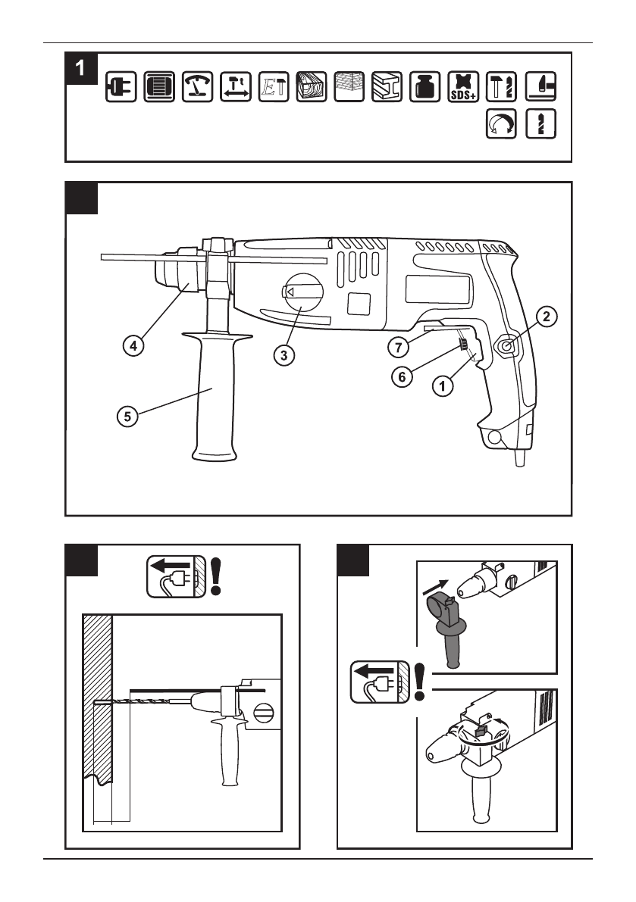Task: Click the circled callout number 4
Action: (133, 345)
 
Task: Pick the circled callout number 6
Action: (405, 375)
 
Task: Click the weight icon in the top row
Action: (424, 86)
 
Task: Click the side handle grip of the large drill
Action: (212, 401)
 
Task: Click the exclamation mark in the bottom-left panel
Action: (218, 578)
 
